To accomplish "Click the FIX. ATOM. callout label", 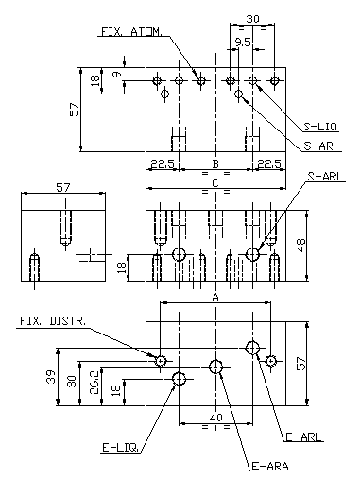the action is pos(131,32).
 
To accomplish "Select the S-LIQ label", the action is pos(320,127).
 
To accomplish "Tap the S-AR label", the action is pos(318,146).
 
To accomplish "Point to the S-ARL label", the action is pos(325,177).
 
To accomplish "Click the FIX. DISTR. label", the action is pos(53,321).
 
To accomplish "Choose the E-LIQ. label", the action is pos(120,448).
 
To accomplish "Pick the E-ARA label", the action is pos(270,466).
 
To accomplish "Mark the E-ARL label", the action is pos(303,437).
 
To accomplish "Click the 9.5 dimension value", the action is pos(243,43).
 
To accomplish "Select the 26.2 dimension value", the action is pos(94,383).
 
